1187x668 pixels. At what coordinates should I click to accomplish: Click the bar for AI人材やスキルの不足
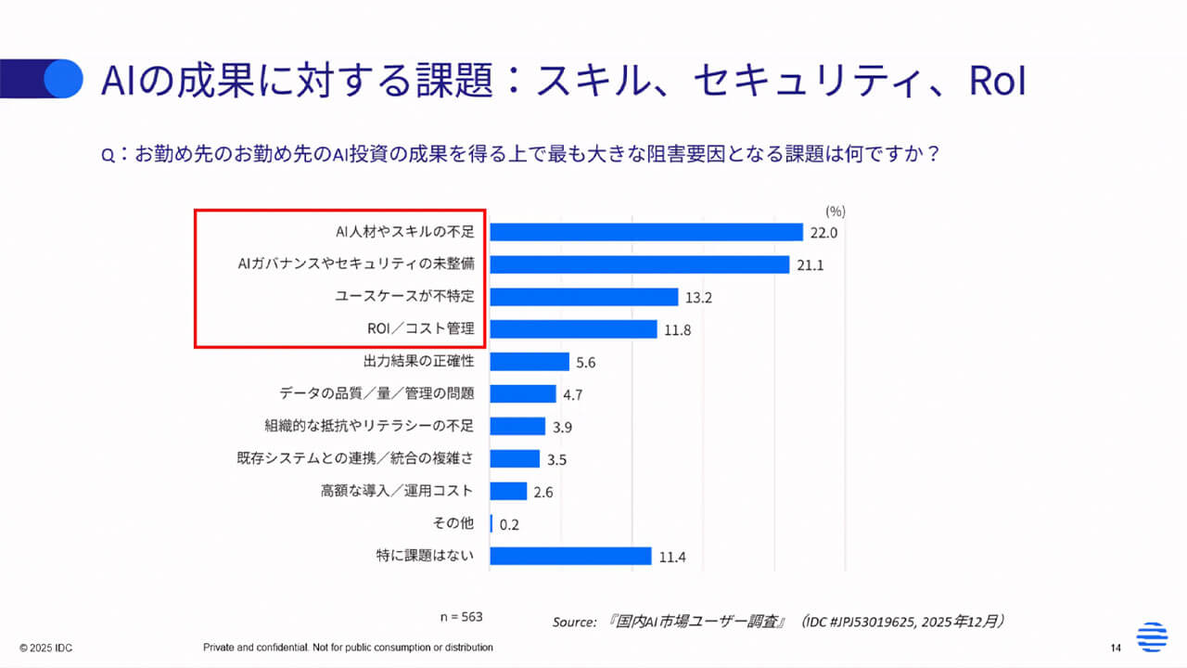click(x=645, y=232)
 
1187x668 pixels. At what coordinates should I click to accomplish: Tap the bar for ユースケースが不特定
click(x=583, y=297)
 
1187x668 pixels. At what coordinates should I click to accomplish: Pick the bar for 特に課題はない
click(x=570, y=556)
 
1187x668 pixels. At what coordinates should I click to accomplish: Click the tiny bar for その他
click(x=491, y=523)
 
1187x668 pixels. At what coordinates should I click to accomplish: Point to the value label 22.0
click(x=823, y=233)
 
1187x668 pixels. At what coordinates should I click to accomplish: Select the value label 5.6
click(x=586, y=363)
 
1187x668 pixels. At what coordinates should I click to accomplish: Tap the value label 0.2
click(x=509, y=524)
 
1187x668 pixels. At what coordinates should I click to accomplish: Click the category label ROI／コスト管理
click(x=420, y=328)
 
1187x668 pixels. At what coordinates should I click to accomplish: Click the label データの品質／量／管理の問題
click(x=377, y=393)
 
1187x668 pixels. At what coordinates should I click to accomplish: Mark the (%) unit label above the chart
click(x=835, y=211)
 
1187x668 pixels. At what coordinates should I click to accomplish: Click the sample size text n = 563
click(x=461, y=616)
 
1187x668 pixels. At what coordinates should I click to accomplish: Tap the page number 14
click(x=1117, y=647)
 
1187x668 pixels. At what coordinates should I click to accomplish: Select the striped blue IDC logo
click(x=1153, y=636)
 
